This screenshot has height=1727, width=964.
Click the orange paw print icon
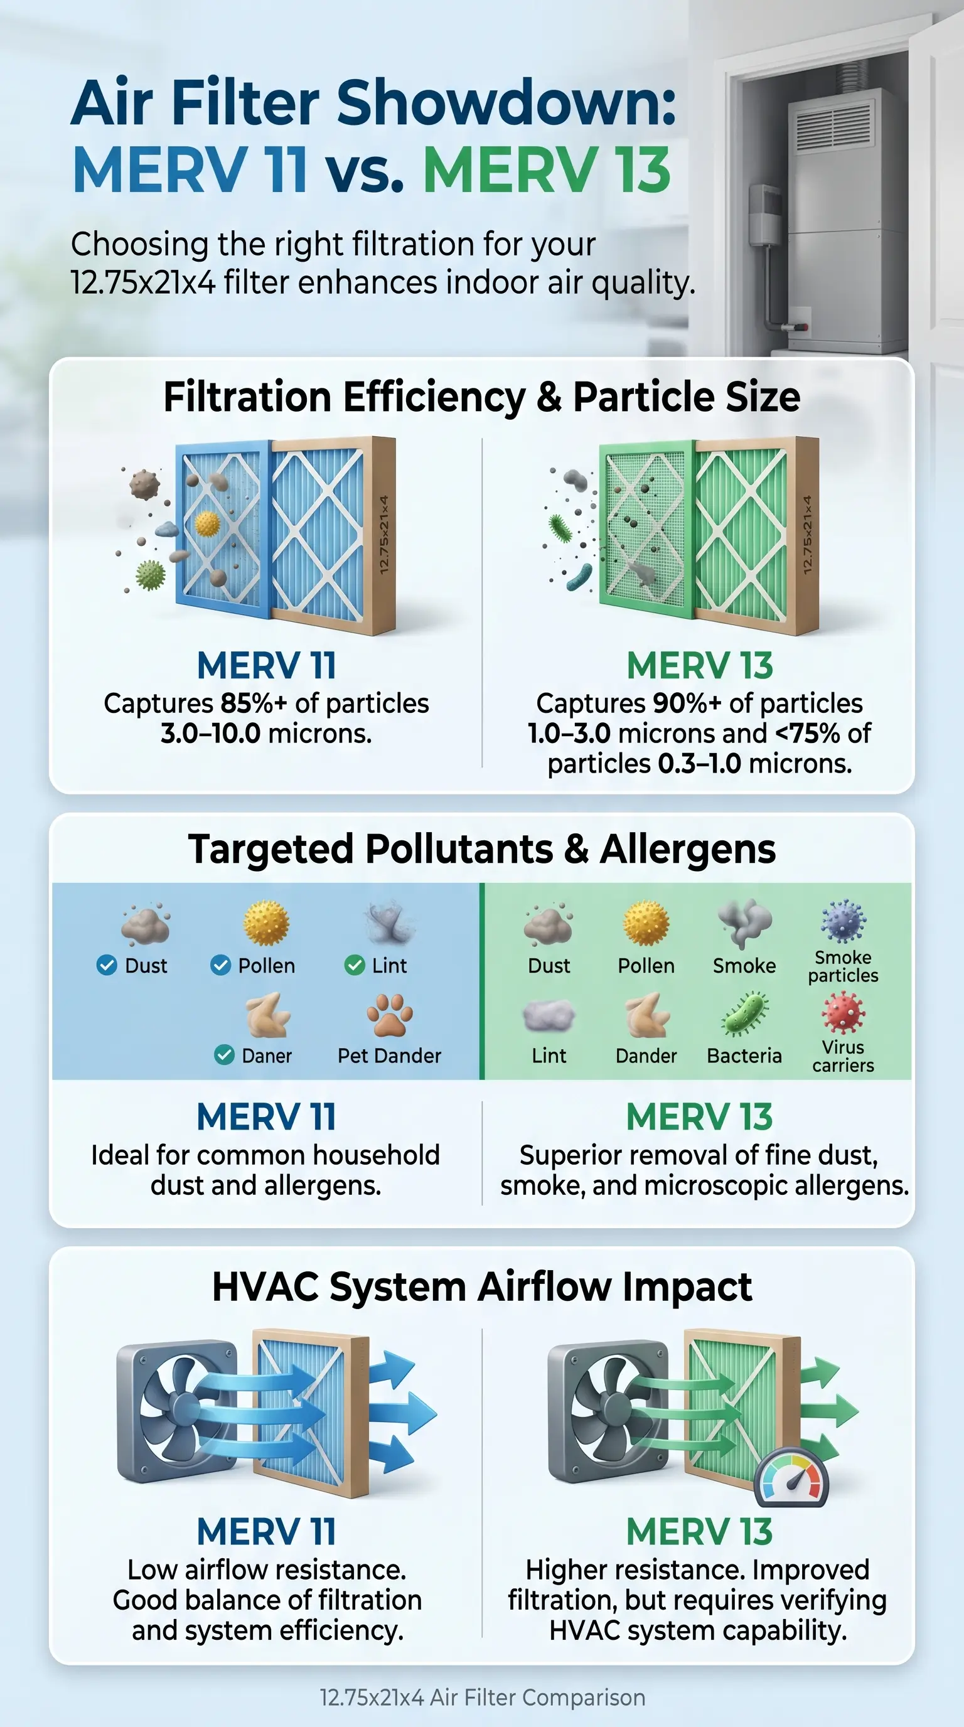coord(390,1015)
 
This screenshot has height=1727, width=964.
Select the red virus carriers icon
coord(843,1013)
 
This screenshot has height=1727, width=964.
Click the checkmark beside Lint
coord(354,965)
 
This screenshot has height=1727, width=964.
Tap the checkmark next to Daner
coord(224,1056)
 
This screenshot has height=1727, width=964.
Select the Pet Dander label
coord(390,1056)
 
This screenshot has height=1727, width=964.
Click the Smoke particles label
coord(843,966)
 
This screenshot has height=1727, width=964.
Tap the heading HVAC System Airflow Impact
coord(482,1288)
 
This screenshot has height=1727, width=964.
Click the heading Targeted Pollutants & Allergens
coord(482,850)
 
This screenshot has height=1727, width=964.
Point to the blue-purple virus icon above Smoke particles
coord(843,922)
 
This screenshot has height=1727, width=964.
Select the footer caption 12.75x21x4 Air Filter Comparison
coord(483,1698)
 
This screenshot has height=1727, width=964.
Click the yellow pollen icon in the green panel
coord(646,922)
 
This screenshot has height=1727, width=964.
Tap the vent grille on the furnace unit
coord(833,126)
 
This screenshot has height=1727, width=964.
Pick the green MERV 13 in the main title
coord(547,170)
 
